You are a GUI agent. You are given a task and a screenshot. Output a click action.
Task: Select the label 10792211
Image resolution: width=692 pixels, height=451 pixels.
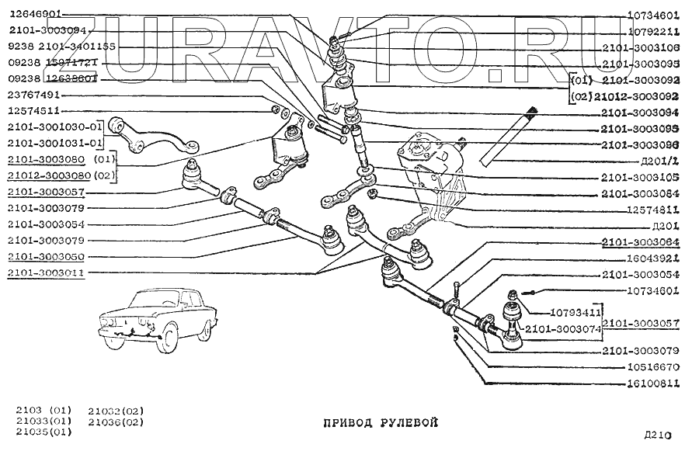pyautogui.click(x=652, y=33)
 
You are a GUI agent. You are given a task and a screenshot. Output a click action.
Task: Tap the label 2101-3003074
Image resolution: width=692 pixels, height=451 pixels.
pyautogui.click(x=562, y=330)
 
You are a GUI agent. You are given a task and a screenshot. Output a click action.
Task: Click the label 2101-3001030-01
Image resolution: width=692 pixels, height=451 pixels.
pyautogui.click(x=56, y=127)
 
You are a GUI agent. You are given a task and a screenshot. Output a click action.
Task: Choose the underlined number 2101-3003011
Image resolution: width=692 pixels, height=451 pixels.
pyautogui.click(x=47, y=272)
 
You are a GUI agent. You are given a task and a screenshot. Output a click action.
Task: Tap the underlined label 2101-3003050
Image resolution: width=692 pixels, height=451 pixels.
pyautogui.click(x=47, y=256)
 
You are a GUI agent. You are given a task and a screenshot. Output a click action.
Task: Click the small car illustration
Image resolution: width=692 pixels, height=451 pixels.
pyautogui.click(x=155, y=317)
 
